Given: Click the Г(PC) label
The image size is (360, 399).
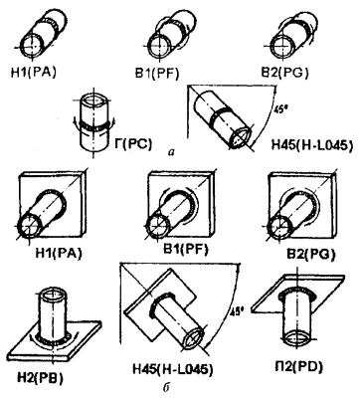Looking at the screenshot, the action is [x=134, y=144].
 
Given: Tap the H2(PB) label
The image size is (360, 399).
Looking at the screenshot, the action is [x=41, y=377].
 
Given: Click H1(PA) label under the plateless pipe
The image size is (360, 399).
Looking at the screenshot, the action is [x=33, y=73].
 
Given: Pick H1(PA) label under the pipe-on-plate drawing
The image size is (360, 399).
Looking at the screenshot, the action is [x=59, y=253].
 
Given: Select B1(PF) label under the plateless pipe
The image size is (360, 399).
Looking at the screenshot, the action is [x=157, y=74].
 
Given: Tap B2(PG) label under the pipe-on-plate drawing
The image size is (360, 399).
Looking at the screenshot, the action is [x=311, y=254].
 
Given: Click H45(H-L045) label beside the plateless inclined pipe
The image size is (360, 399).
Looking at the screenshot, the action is [x=311, y=144].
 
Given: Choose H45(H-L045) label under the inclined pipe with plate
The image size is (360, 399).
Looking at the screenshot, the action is [x=172, y=369].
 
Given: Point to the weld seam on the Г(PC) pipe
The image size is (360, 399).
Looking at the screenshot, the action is [x=94, y=125].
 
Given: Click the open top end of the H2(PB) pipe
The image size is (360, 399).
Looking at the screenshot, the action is [x=53, y=295].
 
